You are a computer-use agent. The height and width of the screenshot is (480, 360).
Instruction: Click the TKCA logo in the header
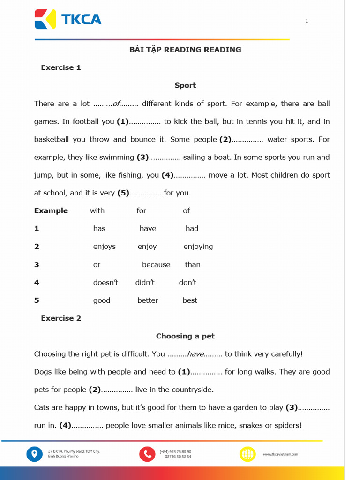tap(68, 19)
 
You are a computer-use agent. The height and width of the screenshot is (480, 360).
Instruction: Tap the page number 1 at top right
tap(307, 21)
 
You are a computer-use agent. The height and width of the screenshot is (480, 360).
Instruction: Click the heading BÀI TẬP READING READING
tap(185, 50)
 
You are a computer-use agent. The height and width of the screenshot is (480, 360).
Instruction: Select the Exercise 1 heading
tap(61, 67)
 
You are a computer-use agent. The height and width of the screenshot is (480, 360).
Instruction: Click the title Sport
tap(185, 85)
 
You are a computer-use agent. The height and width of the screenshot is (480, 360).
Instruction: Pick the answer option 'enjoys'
tap(104, 247)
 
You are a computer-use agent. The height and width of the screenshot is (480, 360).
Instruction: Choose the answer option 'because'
tap(156, 265)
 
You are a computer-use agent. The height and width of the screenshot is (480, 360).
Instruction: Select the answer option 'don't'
tap(187, 283)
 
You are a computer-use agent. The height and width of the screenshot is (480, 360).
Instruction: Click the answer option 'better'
tap(148, 300)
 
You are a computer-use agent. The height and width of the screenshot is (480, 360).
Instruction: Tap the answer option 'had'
tap(192, 229)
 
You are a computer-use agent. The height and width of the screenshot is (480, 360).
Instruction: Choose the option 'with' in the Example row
tap(97, 211)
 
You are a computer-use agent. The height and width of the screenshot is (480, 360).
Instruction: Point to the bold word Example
tap(51, 211)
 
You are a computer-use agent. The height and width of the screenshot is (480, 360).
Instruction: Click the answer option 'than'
tap(192, 265)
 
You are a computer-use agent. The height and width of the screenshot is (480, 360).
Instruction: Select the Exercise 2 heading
tap(61, 318)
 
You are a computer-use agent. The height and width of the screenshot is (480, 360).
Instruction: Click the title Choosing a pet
tap(185, 336)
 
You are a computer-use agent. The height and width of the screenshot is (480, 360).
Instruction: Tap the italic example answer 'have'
tap(195, 354)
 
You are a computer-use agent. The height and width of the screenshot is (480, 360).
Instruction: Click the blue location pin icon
tap(34, 454)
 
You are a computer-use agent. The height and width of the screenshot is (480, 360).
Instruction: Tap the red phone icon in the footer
tap(147, 454)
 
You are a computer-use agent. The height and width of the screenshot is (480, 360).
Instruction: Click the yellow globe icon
tap(247, 454)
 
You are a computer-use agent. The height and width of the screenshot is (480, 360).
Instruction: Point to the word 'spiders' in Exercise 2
tap(286, 426)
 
